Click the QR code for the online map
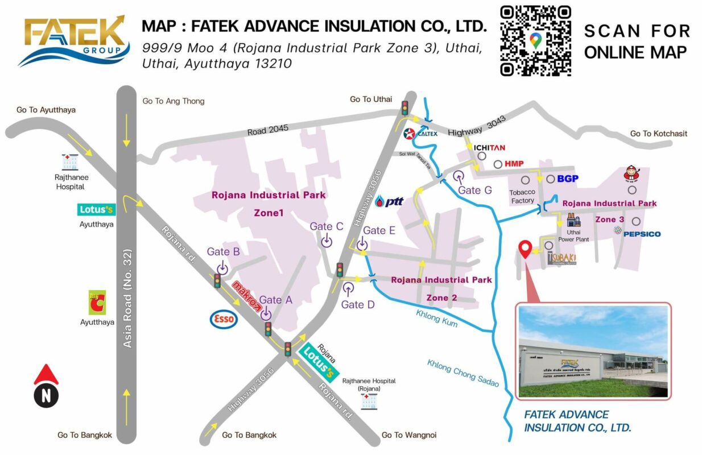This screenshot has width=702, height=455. point(535,40)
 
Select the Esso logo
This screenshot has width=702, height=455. point(223,319)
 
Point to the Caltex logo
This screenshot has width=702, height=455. point(420,134)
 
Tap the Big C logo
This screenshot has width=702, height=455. point(97,303)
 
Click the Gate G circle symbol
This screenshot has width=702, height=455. point(459,177)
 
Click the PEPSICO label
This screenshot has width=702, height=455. point(642,234)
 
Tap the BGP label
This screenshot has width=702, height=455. point(567,179)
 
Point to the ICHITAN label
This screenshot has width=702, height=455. point(489,147)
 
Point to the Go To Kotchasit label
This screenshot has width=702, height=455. point(658,134)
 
